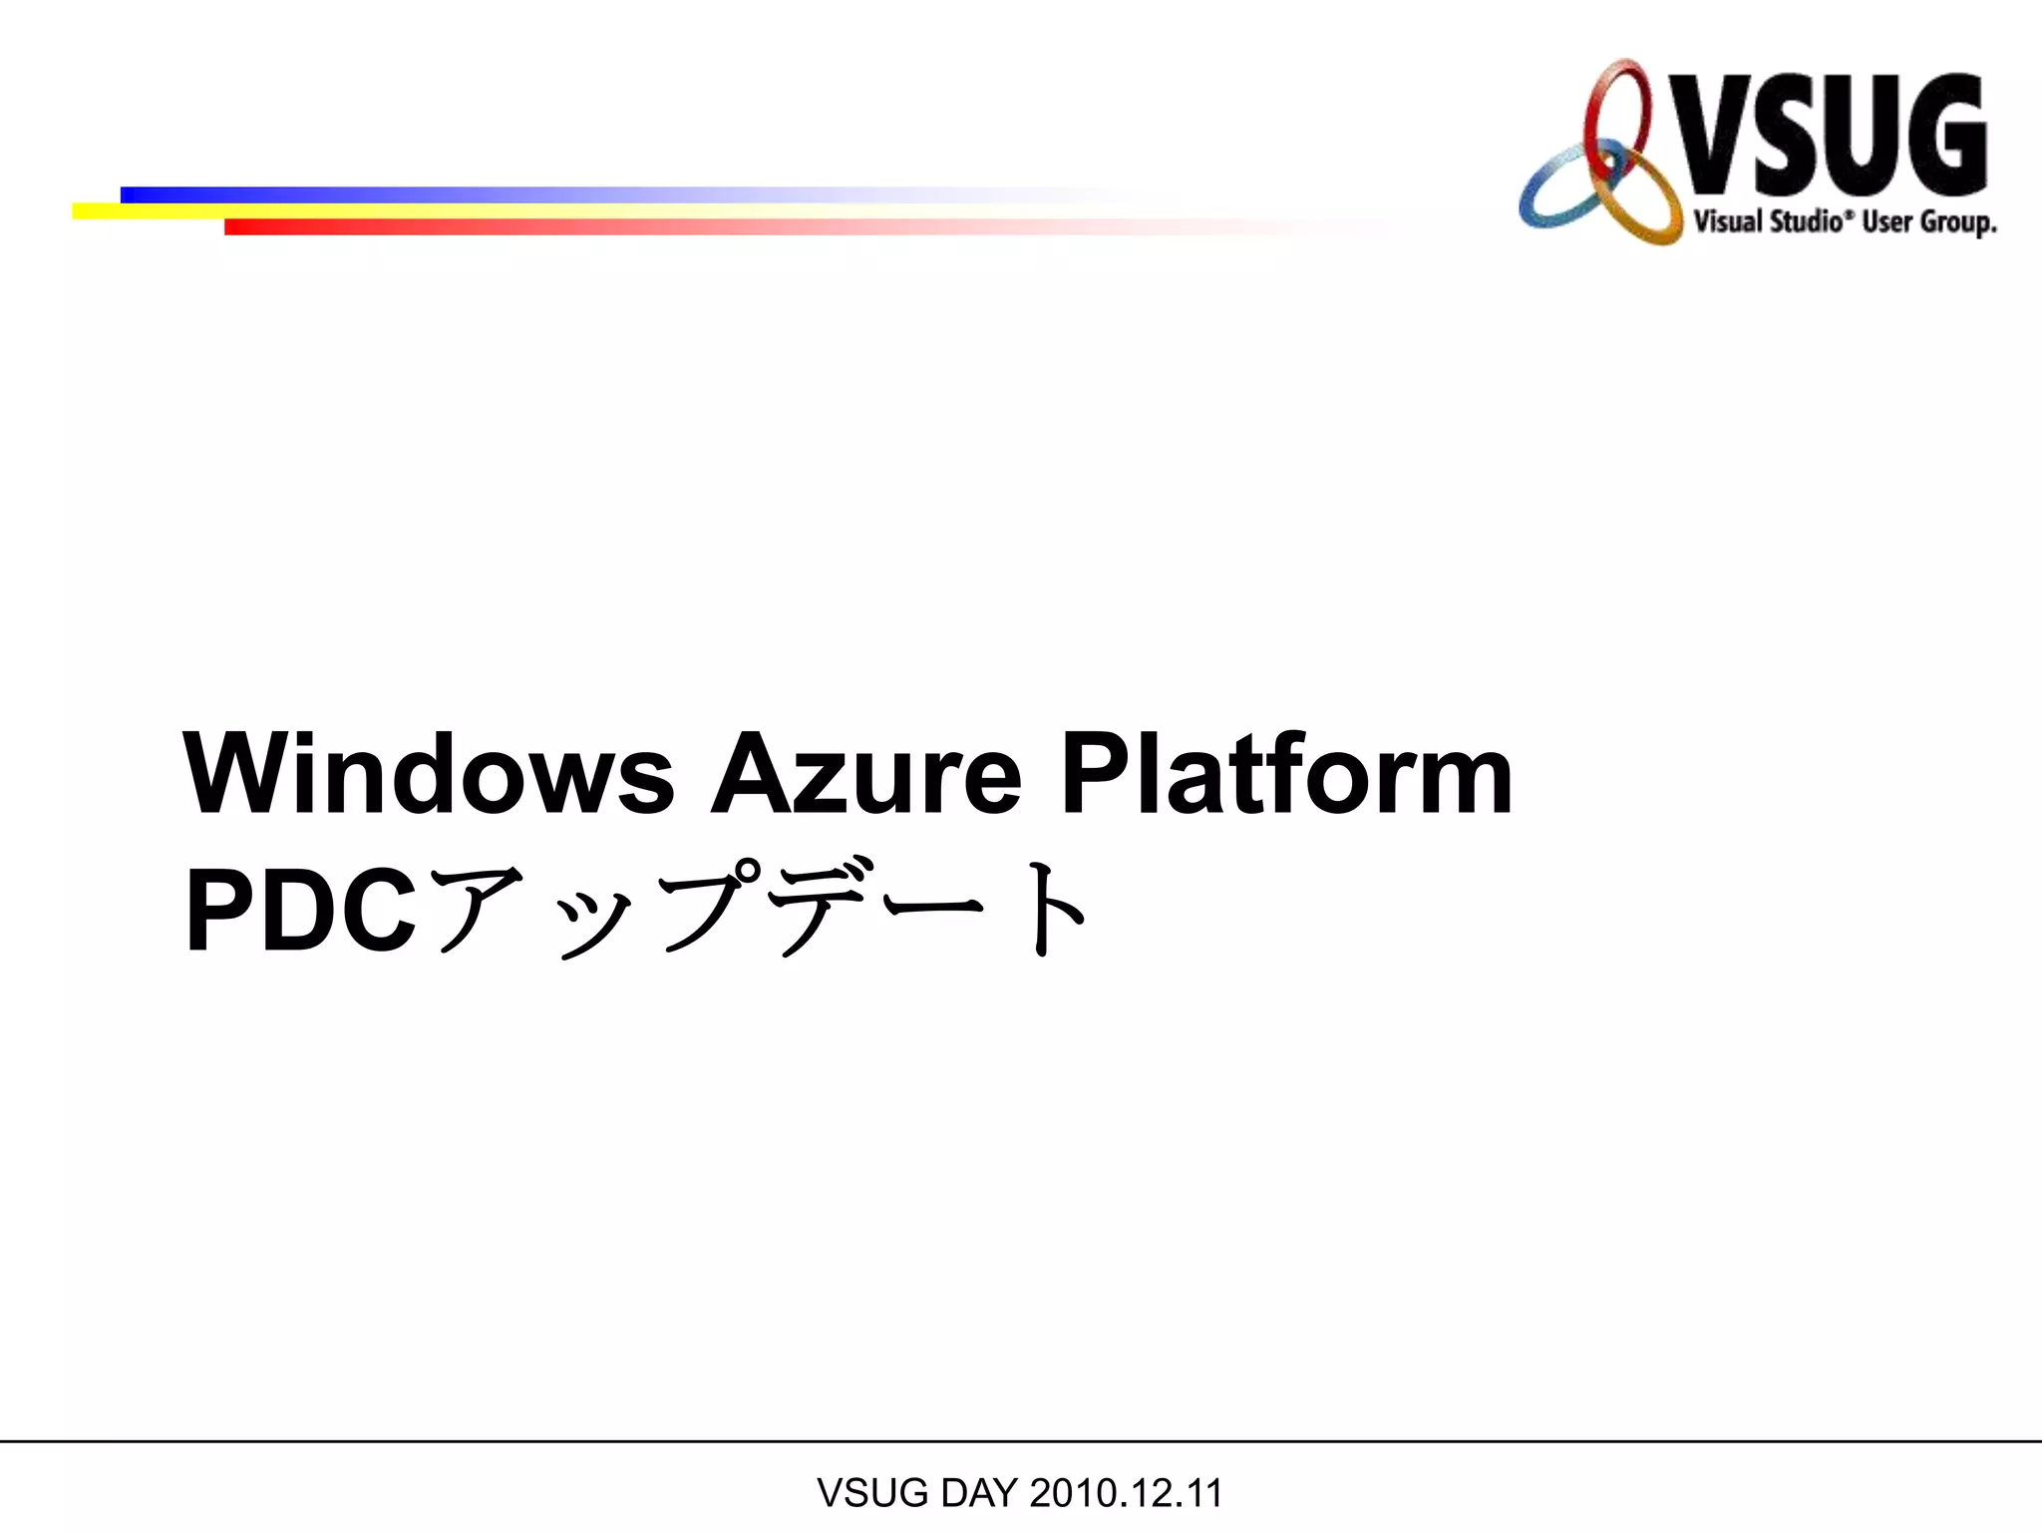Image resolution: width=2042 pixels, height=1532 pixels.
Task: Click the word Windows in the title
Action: tap(429, 774)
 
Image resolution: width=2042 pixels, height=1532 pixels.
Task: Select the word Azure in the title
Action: tap(865, 774)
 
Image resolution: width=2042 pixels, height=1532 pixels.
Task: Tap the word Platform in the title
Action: tap(1286, 774)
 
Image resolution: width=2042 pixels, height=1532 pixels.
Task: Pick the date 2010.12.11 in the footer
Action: tap(1126, 1493)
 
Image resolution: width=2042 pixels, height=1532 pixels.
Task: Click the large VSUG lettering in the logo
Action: tap(1833, 135)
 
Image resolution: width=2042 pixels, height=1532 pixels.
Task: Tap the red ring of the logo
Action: tap(1617, 110)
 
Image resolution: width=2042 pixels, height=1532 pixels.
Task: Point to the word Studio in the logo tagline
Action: tap(1804, 220)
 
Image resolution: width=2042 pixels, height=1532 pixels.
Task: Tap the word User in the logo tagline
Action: tap(1887, 220)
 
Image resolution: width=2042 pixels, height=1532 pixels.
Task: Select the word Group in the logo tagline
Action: tap(1956, 222)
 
